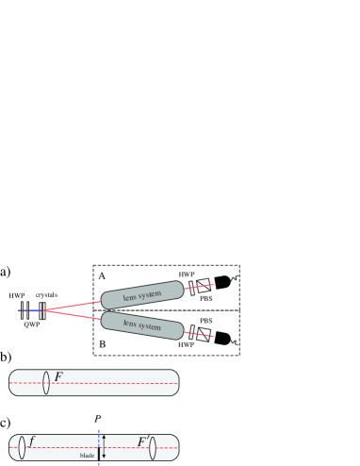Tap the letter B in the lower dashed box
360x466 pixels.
(101, 346)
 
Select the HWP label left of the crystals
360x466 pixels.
(16, 295)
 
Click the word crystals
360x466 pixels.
(46, 295)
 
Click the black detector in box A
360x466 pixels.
(223, 282)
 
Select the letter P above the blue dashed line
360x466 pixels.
(98, 416)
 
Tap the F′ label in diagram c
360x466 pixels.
(144, 441)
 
